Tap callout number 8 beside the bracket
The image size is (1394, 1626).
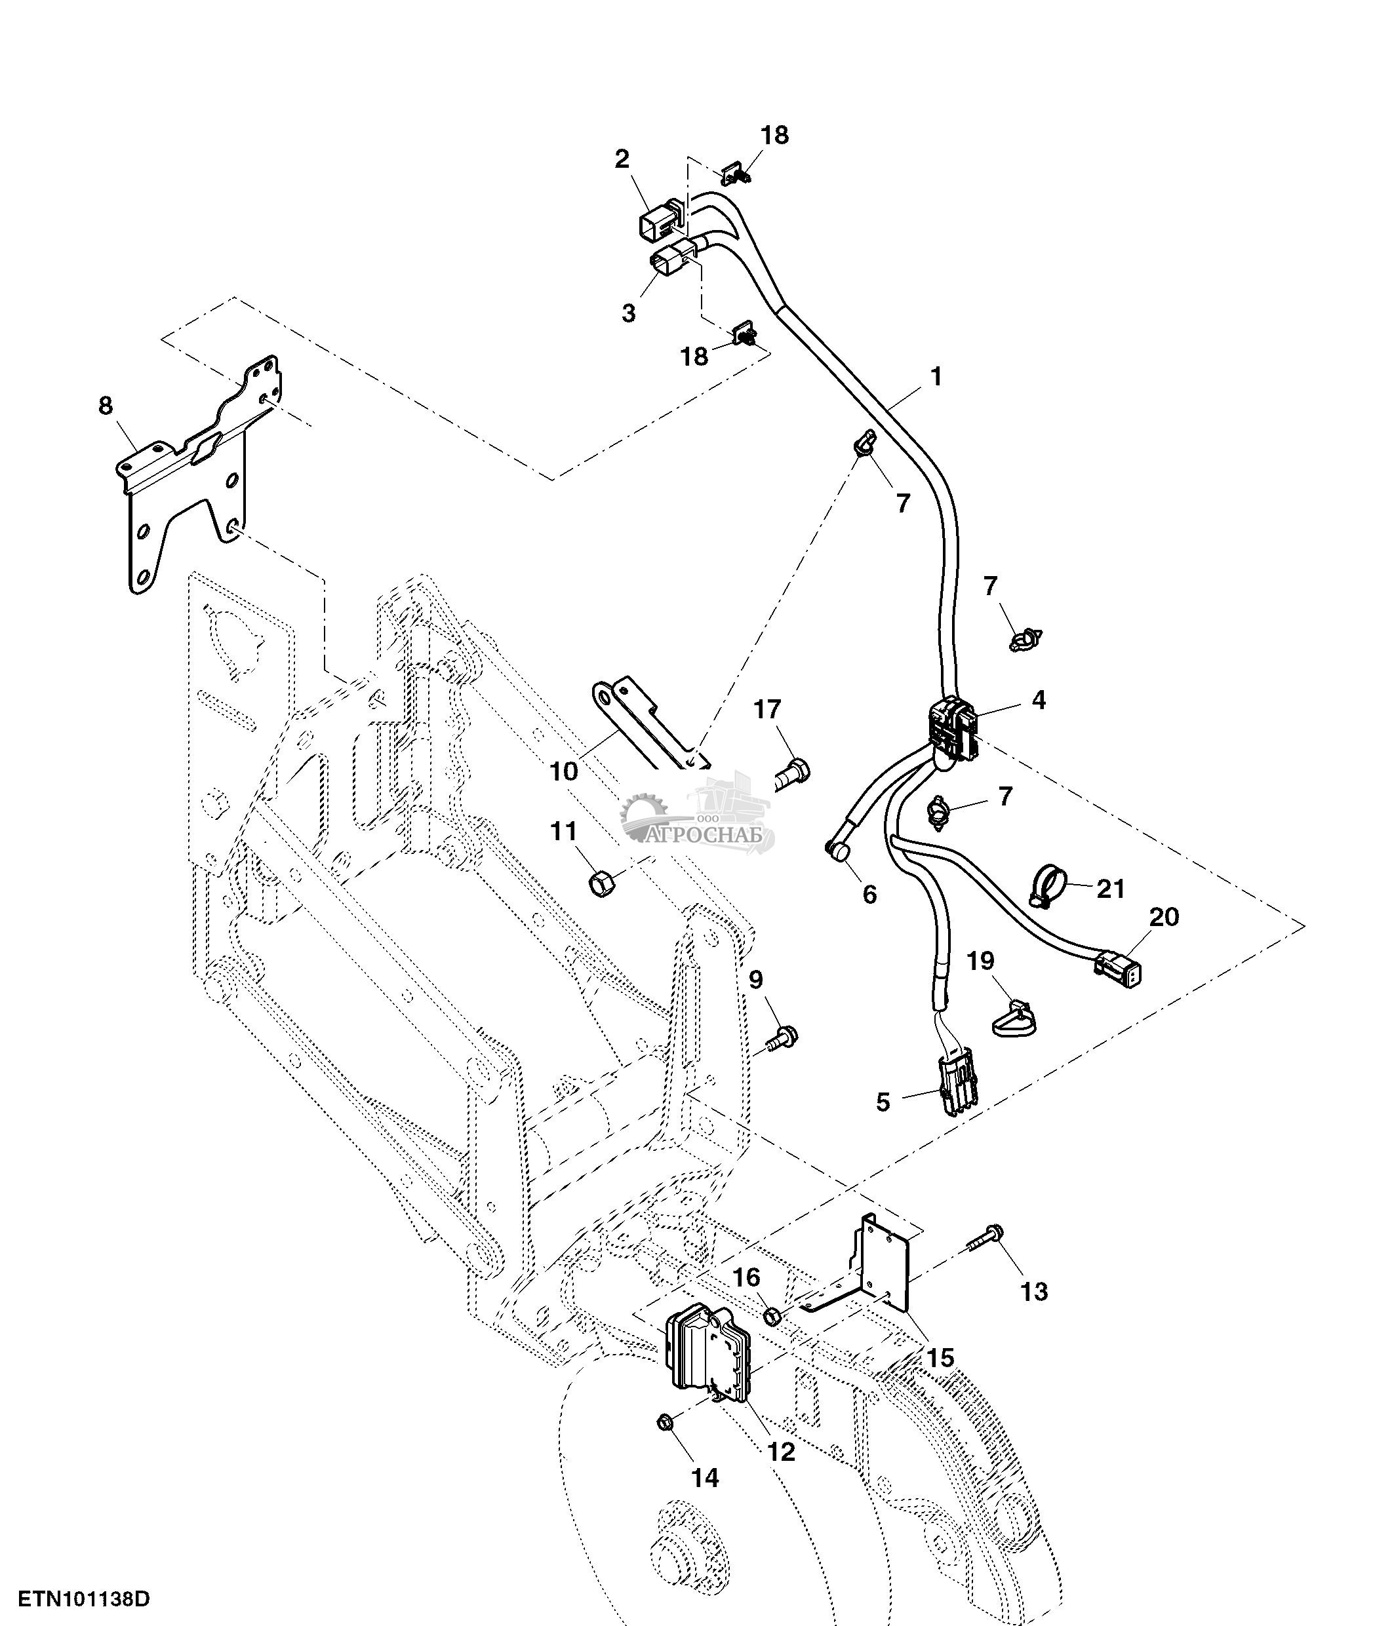coord(105,406)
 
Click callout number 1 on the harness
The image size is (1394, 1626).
coord(935,377)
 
